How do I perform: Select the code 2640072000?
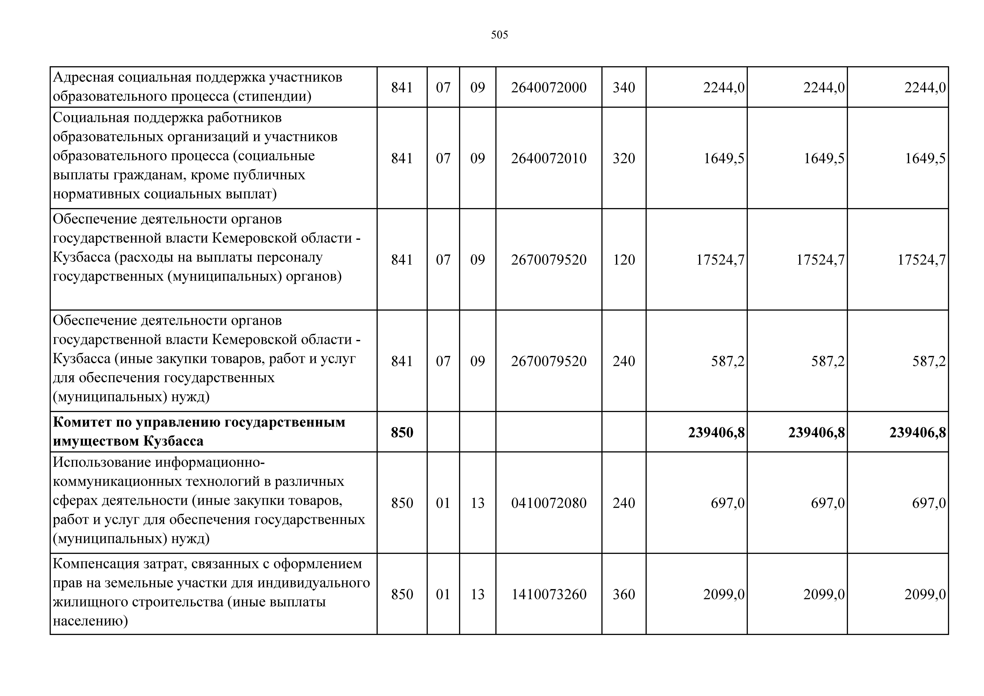click(x=549, y=88)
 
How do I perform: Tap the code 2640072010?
click(x=549, y=158)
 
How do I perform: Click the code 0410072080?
click(x=549, y=503)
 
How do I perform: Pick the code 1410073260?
click(x=549, y=594)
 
